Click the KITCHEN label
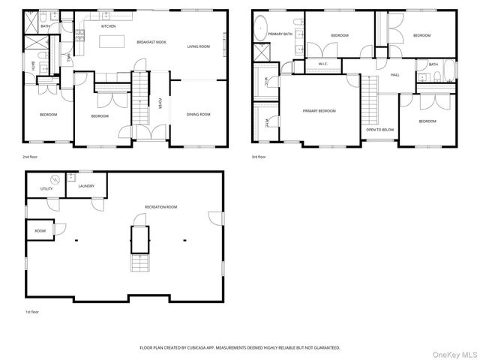tap(109, 26)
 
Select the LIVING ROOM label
tap(198, 46)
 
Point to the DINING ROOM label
tap(198, 114)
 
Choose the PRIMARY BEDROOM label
tap(319, 110)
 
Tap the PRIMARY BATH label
tap(281, 34)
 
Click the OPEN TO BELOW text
tap(380, 130)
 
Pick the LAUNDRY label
tap(85, 185)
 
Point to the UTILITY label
tap(46, 189)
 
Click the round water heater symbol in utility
tap(55, 179)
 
